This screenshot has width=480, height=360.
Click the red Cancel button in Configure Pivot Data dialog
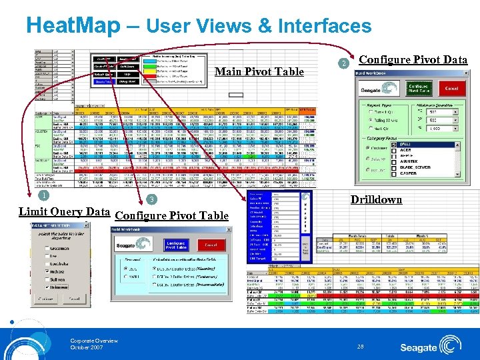[451, 89]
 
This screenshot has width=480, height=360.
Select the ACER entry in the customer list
[405, 150]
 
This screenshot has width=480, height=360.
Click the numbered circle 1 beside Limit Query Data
[43, 195]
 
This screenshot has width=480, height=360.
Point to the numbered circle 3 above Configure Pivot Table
[151, 200]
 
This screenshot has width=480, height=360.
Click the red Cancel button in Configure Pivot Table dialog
[211, 245]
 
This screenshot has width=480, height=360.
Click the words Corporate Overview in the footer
[94, 341]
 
